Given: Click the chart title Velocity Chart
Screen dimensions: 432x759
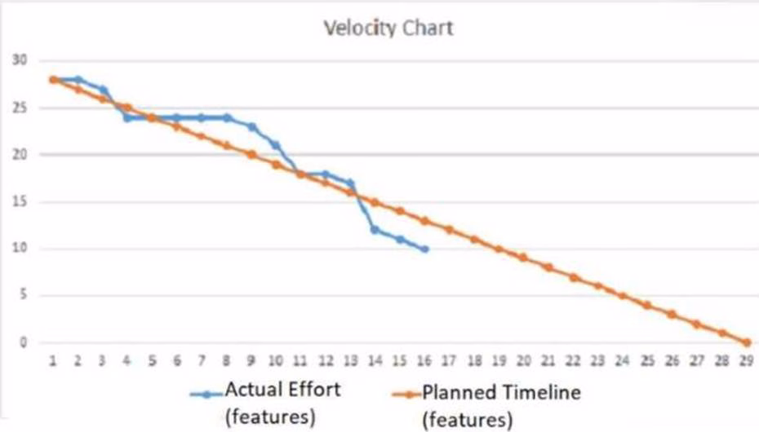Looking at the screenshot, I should (x=388, y=29).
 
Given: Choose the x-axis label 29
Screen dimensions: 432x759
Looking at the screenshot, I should (x=745, y=359).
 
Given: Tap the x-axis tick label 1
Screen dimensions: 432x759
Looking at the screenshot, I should (x=53, y=359).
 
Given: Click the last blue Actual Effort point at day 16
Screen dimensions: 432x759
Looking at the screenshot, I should (x=424, y=249).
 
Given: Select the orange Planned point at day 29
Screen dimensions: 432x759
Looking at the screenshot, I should (x=746, y=342).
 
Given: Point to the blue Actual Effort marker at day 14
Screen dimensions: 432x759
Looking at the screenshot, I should (x=375, y=230).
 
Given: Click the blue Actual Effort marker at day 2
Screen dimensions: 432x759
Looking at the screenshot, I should (x=78, y=79).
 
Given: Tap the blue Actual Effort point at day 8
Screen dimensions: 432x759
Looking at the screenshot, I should (x=227, y=117).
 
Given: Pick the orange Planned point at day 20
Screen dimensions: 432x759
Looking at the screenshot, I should (x=523, y=258).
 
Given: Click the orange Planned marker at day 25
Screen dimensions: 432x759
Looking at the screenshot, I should (x=647, y=305).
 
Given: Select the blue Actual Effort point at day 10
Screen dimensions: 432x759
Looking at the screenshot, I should (x=276, y=145).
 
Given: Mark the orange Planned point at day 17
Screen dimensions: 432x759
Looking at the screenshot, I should (x=449, y=230).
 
